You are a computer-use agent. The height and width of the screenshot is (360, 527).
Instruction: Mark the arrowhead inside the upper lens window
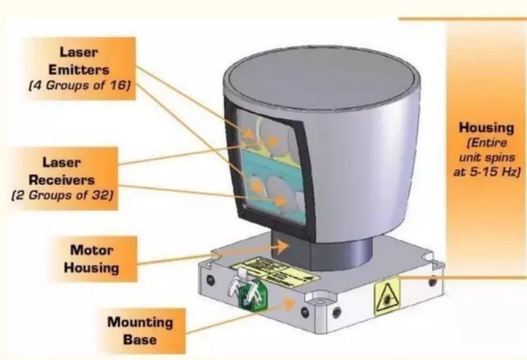click(x=253, y=141)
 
